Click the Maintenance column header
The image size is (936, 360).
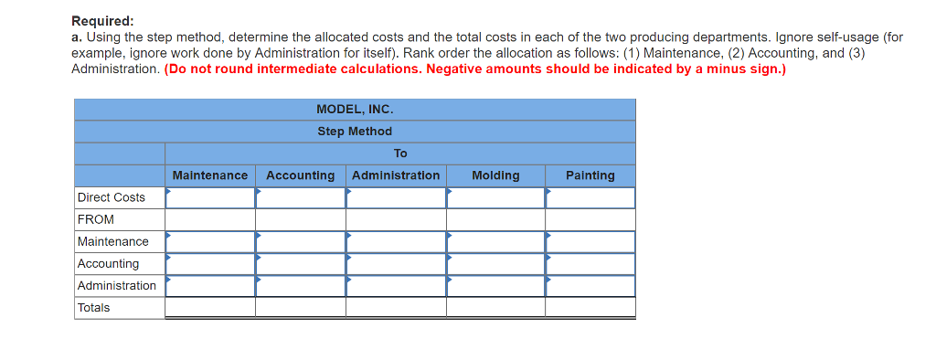click(209, 175)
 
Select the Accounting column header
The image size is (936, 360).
click(300, 175)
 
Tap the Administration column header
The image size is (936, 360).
click(396, 175)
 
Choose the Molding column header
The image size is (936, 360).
click(495, 175)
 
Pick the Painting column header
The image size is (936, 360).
click(590, 175)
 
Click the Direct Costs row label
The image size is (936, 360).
click(112, 197)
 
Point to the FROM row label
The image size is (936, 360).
click(96, 219)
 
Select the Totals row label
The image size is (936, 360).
click(93, 308)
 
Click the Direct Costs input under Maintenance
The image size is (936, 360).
click(210, 197)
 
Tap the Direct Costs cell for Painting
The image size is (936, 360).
click(590, 197)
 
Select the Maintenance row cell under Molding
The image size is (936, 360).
click(495, 241)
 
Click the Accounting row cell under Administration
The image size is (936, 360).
click(396, 263)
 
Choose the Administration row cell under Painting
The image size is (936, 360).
click(590, 285)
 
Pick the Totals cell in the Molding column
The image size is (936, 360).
click(495, 308)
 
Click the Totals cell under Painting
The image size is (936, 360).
click(590, 308)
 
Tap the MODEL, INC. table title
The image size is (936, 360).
click(355, 110)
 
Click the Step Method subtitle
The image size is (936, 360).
click(355, 132)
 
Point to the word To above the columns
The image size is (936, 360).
click(400, 154)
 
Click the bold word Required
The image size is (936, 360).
click(102, 20)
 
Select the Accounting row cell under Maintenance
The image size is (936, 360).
click(210, 263)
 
